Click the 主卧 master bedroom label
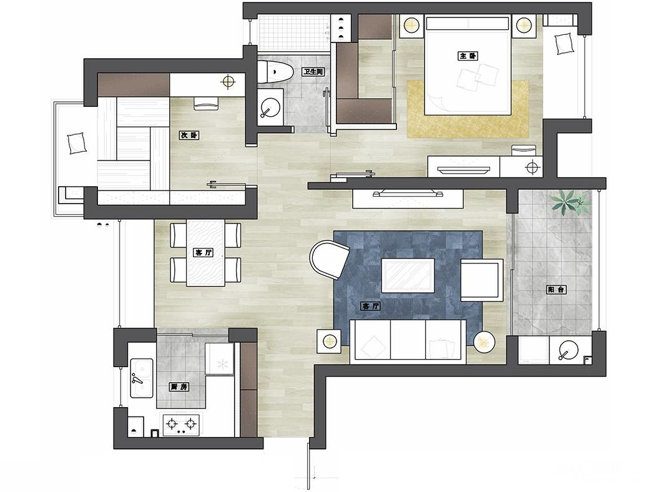pos(468,56)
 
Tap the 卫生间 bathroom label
pos(314,72)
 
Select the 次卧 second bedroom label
pos(189,135)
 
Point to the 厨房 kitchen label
pos(179,386)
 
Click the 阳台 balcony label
pos(556,290)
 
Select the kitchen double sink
pos(142,378)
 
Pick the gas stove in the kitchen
pos(181,425)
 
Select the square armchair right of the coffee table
pos(482,280)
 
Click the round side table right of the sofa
pos(484,342)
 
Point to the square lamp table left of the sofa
pos(329,341)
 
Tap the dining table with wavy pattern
pos(205,253)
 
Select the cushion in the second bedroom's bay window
pos(76,143)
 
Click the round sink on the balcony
pos(568,350)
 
